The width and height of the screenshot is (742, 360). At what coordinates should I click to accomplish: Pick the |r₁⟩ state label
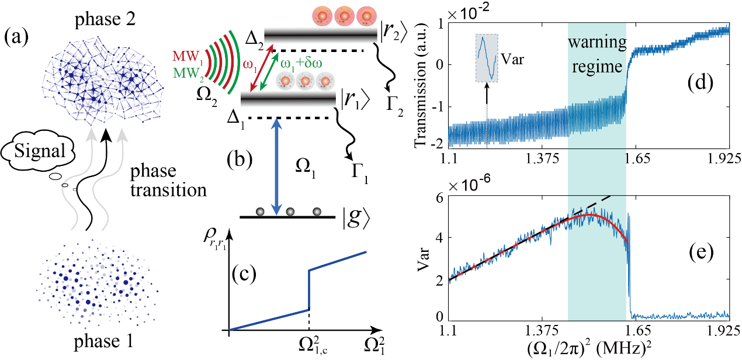pos(354,101)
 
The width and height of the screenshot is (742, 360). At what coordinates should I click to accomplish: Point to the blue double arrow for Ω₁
pos(279,163)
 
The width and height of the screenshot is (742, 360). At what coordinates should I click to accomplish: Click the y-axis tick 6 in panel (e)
pos(441,198)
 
